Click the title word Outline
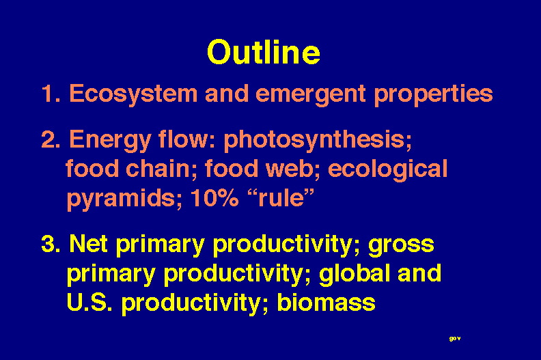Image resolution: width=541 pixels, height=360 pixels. (264, 52)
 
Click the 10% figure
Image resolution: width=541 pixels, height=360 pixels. (214, 198)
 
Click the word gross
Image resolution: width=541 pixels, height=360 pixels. (401, 246)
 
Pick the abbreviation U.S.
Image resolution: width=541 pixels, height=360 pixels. (89, 302)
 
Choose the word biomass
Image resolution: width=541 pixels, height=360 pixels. (326, 302)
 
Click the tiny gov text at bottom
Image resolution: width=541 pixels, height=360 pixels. (455, 339)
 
